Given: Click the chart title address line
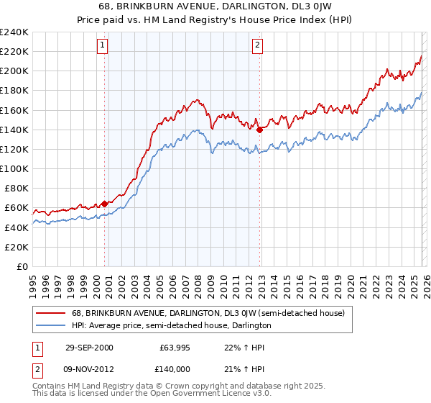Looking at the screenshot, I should pyautogui.click(x=215, y=6).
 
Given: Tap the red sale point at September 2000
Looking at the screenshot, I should pyautogui.click(x=105, y=204).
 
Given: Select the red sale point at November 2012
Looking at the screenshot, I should pyautogui.click(x=259, y=130).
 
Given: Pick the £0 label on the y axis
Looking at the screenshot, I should pyautogui.click(x=22, y=266).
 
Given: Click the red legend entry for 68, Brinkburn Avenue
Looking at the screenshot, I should pyautogui.click(x=208, y=313).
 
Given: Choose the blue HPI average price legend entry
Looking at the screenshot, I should pyautogui.click(x=171, y=325).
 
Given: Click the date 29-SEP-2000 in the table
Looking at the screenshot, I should pyautogui.click(x=89, y=348).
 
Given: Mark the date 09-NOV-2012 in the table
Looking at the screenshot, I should pyautogui.click(x=89, y=368).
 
